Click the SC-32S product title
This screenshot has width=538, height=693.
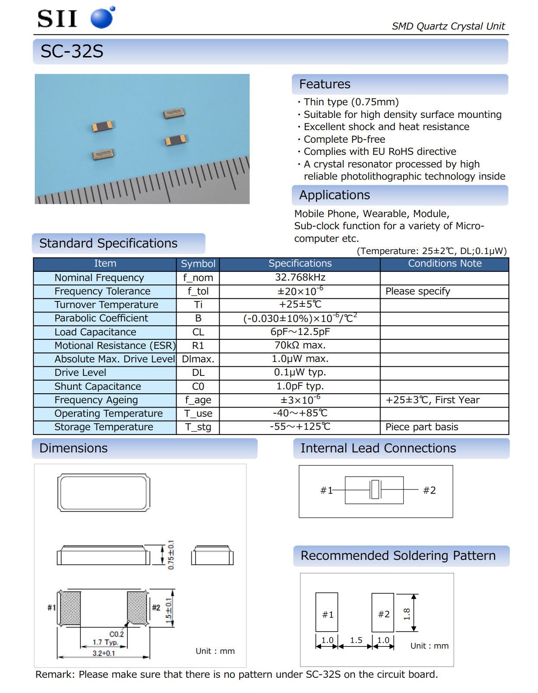point(72,52)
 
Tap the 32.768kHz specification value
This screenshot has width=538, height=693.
point(300,278)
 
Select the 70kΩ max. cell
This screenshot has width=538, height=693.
point(300,345)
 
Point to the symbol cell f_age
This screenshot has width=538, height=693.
point(198,400)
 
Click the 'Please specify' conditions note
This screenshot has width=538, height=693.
point(418,291)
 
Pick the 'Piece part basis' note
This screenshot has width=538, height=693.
point(421,427)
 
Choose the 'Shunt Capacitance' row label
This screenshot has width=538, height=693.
point(97,386)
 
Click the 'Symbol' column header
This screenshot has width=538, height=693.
point(198,264)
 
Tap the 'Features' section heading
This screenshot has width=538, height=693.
point(324,84)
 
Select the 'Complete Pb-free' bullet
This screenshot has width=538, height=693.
point(344,140)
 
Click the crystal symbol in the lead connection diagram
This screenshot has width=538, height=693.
point(375,490)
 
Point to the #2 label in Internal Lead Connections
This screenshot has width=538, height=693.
point(429,491)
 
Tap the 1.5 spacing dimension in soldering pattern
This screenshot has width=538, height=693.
point(356,640)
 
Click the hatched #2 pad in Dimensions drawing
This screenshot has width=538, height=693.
point(137,607)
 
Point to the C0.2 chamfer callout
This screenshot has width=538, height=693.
point(117,634)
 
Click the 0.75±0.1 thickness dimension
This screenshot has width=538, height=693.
point(171,555)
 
